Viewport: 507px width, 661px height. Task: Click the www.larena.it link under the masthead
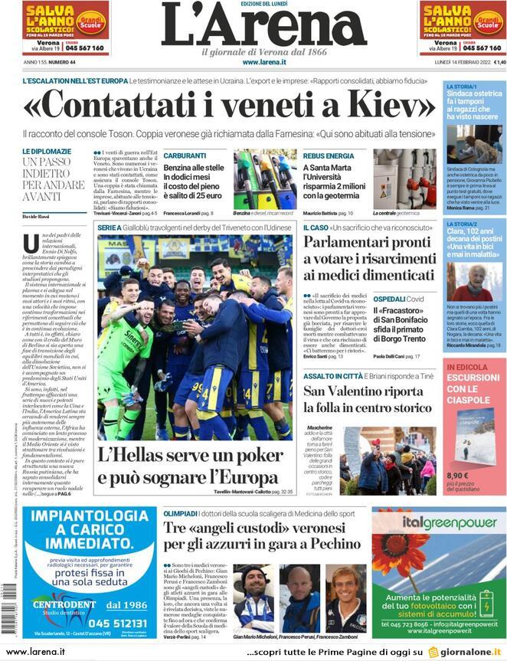click(x=264, y=62)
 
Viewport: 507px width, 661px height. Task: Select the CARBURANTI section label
click(x=185, y=155)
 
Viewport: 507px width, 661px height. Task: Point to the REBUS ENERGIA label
click(x=329, y=155)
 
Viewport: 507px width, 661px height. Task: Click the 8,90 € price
click(x=459, y=475)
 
